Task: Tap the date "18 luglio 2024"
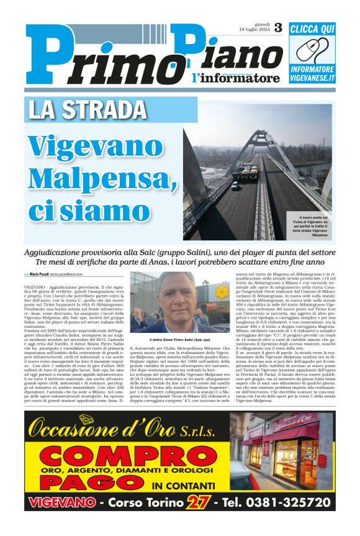(254, 30)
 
